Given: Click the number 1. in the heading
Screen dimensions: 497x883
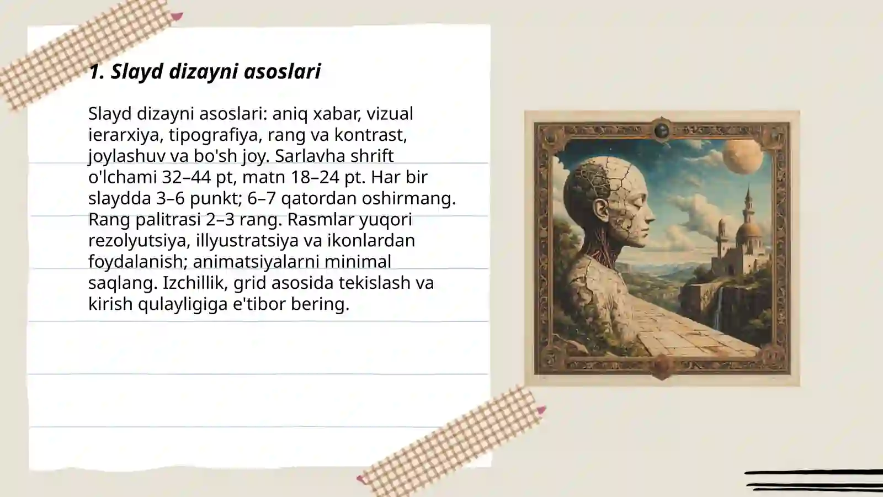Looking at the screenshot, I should pyautogui.click(x=97, y=71).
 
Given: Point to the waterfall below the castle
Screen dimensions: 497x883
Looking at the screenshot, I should pyautogui.click(x=718, y=313).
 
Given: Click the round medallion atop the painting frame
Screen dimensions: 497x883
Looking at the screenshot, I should pyautogui.click(x=662, y=130).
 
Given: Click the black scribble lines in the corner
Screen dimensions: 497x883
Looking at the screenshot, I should pyautogui.click(x=814, y=480).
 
